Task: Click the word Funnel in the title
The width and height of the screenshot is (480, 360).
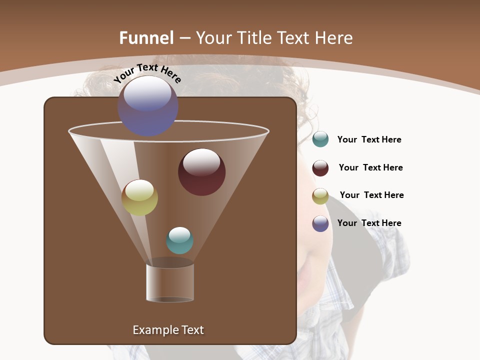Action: (146, 38)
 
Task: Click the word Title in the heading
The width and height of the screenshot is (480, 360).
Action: (254, 38)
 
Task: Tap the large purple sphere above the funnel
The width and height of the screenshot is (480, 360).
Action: (148, 106)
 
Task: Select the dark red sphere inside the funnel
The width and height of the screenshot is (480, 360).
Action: (201, 172)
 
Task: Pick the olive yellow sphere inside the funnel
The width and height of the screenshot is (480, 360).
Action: (139, 197)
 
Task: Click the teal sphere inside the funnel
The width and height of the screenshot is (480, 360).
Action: (179, 240)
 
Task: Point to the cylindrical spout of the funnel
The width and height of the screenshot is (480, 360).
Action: (170, 283)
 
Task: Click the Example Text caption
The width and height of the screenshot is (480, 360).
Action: (168, 330)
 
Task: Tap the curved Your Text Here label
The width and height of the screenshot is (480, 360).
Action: (147, 73)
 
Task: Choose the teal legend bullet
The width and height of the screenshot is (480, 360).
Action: (320, 139)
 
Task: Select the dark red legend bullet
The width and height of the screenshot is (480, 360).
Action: (320, 168)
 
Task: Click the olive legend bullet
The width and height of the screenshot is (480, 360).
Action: (320, 196)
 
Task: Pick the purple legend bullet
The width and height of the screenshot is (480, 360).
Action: (320, 223)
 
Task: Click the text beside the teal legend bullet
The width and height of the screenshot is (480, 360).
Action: (369, 140)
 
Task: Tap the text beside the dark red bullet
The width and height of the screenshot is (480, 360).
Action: (370, 168)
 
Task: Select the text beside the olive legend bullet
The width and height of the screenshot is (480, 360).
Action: (371, 195)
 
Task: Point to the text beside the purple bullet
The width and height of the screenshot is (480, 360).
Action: (369, 223)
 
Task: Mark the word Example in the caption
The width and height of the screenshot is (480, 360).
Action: (153, 330)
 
